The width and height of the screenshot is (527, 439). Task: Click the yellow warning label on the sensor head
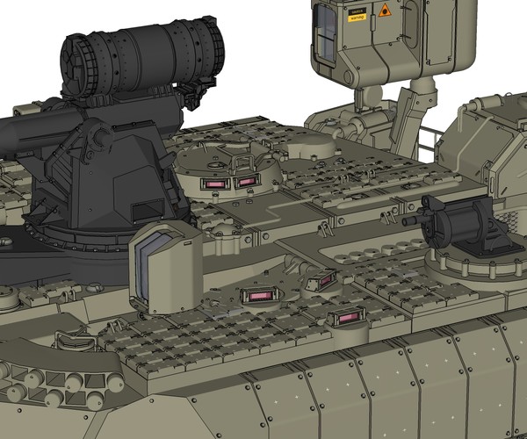[357, 16]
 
